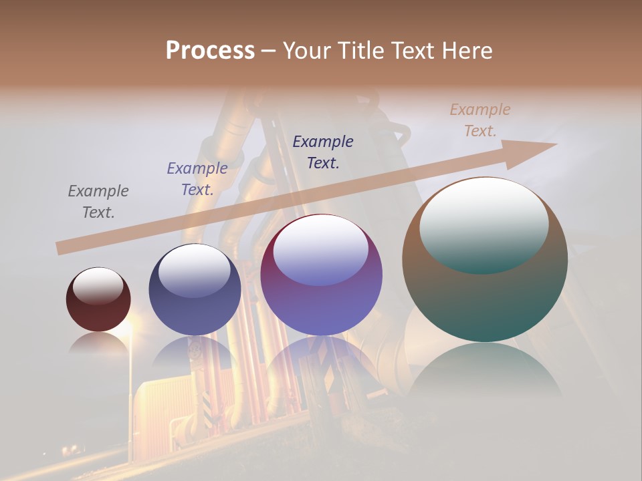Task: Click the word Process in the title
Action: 210,51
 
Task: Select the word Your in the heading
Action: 308,51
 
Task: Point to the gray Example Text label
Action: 98,202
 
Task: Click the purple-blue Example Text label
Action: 197,179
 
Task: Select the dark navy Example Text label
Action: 323,152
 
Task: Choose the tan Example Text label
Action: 480,120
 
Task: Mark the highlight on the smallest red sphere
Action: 98,286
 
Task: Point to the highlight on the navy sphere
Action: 195,271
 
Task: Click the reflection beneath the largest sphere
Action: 485,371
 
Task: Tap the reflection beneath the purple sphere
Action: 321,361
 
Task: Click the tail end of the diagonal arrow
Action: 62,248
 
